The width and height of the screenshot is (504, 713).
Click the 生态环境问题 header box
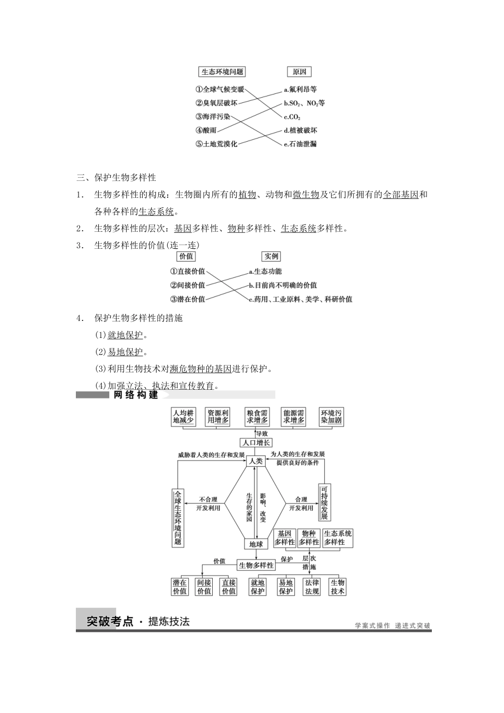click(x=222, y=72)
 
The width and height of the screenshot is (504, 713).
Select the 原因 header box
click(x=299, y=72)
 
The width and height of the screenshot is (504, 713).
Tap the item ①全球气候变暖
click(x=220, y=89)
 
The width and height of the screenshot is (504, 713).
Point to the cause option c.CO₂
click(x=292, y=117)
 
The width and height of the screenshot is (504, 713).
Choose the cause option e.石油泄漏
click(x=300, y=144)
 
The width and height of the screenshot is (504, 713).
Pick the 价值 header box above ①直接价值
click(x=186, y=256)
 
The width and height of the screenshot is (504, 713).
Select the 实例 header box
click(x=271, y=256)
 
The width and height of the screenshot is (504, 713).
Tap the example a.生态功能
click(x=266, y=271)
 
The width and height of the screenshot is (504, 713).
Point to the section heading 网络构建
click(x=136, y=395)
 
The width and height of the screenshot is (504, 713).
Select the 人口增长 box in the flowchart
click(x=256, y=442)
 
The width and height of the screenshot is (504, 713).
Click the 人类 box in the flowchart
click(x=256, y=461)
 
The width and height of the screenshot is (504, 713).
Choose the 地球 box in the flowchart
click(x=256, y=544)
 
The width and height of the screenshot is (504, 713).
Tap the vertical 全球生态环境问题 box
click(x=178, y=517)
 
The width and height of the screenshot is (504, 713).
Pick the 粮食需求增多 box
click(x=257, y=416)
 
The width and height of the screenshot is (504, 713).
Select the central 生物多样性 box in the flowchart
click(x=256, y=565)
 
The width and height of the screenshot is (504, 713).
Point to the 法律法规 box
click(x=312, y=587)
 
